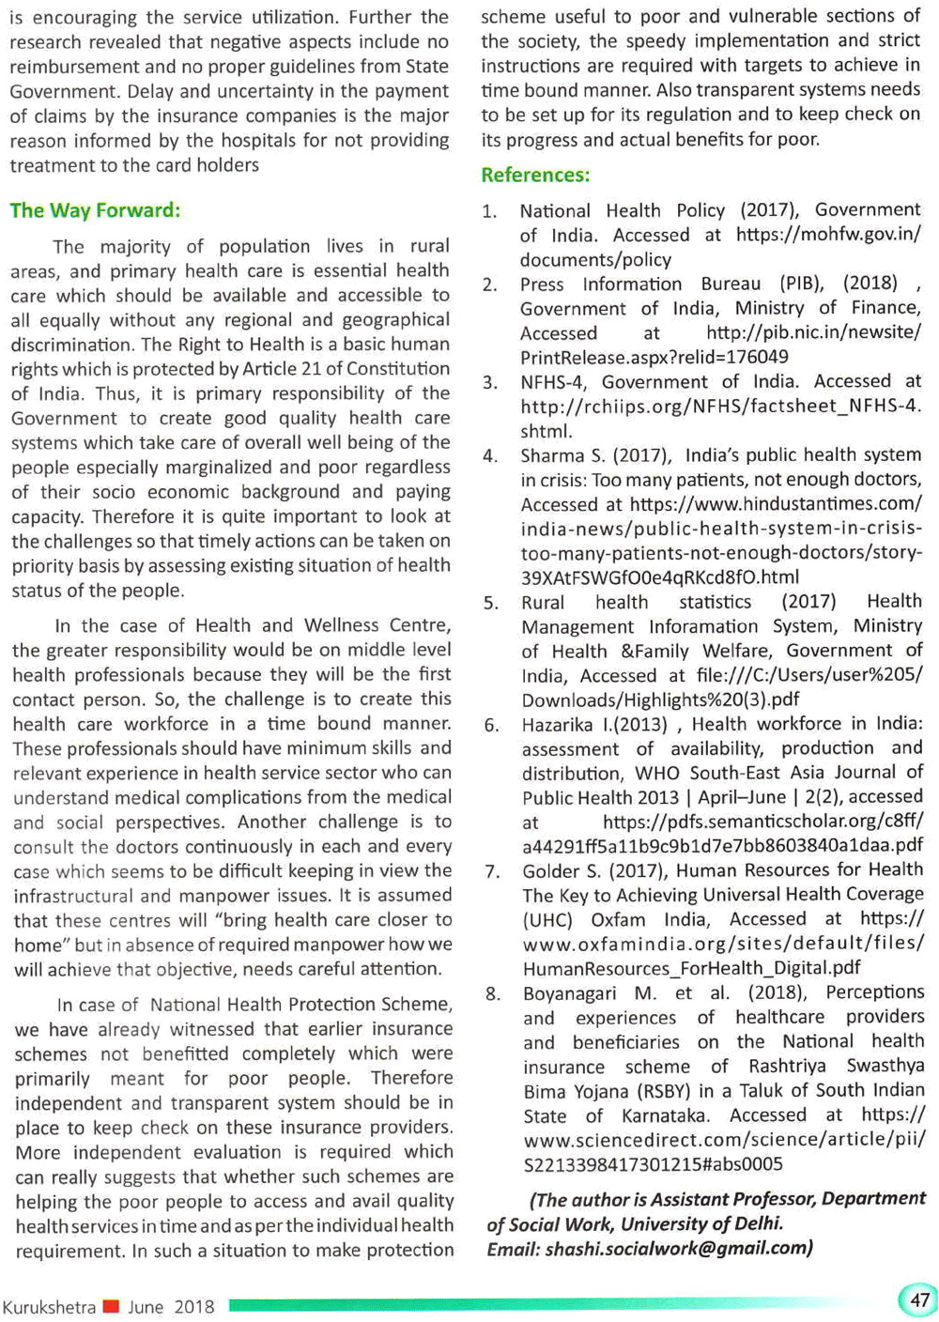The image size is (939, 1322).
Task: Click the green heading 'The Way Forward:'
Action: pos(95,210)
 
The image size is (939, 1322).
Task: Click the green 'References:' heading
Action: pos(535,176)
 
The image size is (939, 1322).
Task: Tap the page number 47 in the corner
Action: pos(919,1299)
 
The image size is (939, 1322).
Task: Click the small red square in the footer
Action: pos(111,1306)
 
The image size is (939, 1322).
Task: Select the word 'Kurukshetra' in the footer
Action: pos(49,1307)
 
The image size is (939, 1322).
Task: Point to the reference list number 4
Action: pos(490,456)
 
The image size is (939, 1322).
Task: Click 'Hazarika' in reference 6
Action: pos(558,725)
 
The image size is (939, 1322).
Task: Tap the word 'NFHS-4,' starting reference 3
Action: pos(555,382)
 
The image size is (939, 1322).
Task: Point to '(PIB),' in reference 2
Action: pos(801,284)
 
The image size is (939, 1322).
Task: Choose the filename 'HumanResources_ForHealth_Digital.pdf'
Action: pos(691,968)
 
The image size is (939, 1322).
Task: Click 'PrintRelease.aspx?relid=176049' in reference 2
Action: pos(654,358)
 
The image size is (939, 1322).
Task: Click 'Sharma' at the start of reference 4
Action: pos(553,456)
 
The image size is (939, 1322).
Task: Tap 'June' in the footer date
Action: pos(146,1307)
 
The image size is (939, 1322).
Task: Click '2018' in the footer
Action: pos(194,1307)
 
